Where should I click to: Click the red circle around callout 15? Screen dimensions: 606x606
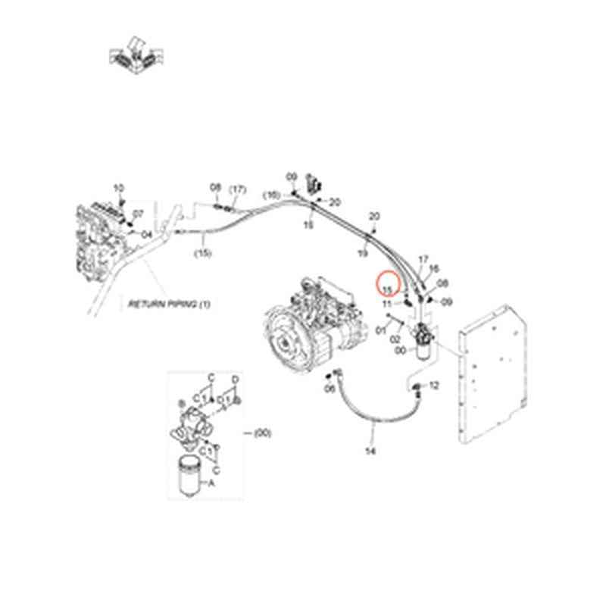point(388,285)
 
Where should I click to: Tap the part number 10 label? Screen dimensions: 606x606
point(117,187)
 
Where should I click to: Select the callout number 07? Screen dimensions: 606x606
point(139,214)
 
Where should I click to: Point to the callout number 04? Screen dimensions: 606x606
point(147,234)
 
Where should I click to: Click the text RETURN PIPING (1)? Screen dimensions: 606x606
point(171,303)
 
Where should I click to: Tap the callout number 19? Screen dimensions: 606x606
point(362,254)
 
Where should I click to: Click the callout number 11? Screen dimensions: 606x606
point(387,304)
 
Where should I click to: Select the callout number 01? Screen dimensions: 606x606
point(380,329)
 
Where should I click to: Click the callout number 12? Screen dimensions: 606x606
point(434,386)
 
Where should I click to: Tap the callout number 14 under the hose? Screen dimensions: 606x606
point(370,452)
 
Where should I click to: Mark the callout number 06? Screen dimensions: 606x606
point(330,389)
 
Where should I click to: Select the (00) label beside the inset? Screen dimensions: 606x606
point(262,433)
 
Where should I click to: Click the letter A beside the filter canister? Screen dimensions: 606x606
point(211,482)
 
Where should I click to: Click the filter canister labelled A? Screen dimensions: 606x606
point(191,477)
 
